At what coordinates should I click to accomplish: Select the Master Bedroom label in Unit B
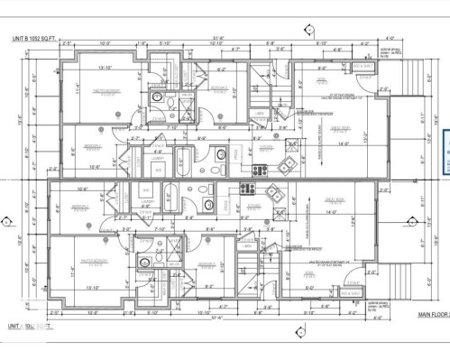pyautogui.click(x=106, y=91)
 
